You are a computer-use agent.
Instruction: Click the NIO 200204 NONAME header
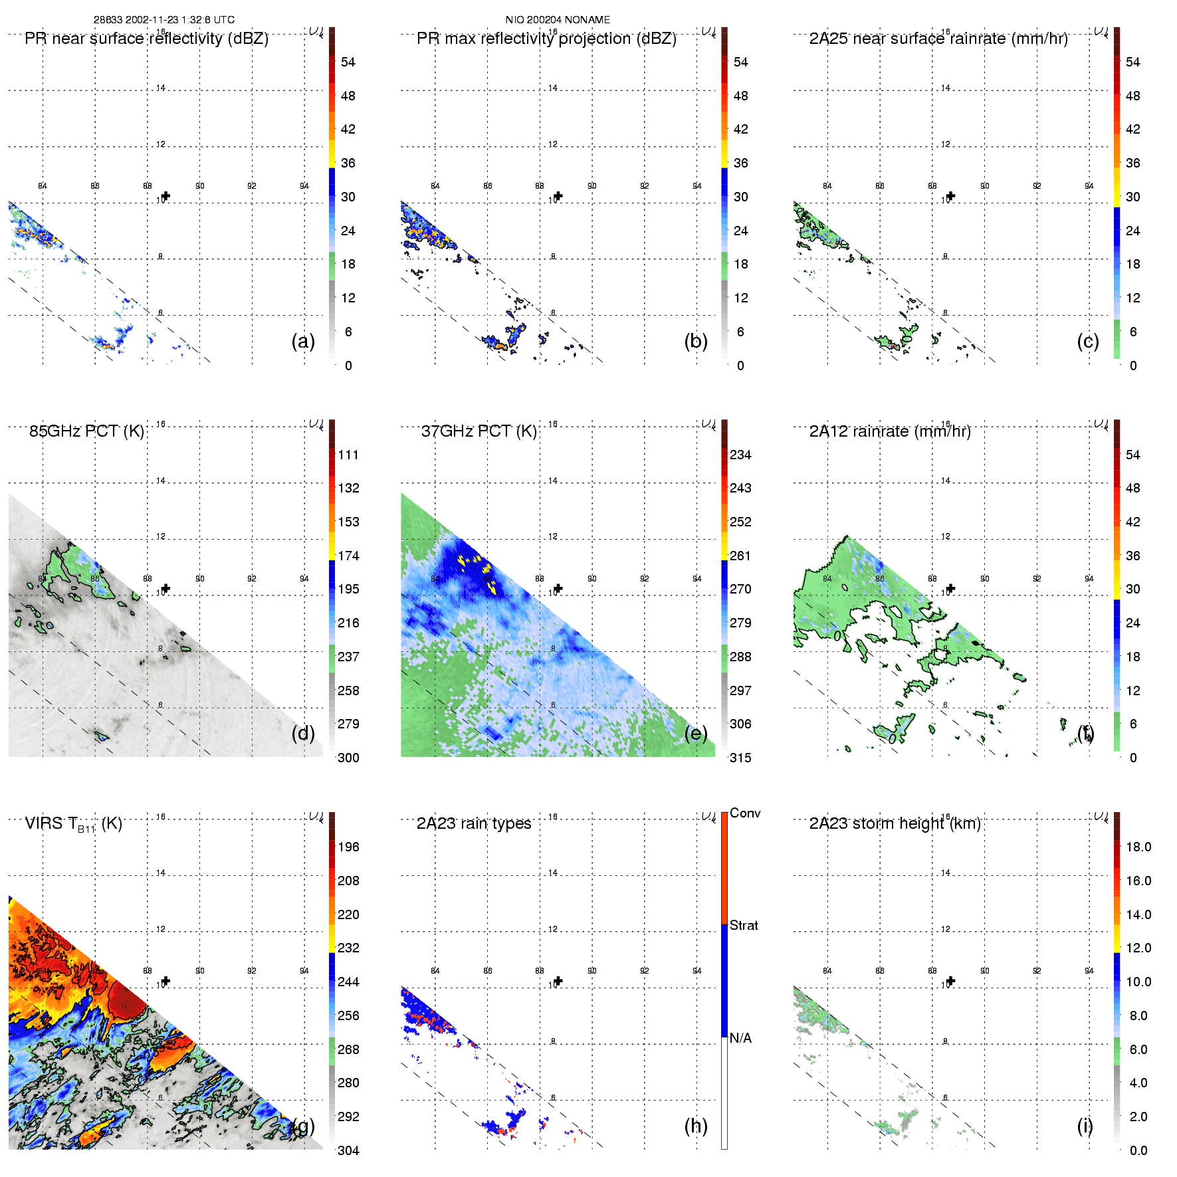click(x=558, y=20)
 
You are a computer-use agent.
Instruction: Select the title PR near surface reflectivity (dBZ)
click(x=146, y=39)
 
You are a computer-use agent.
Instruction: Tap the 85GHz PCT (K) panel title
click(x=86, y=431)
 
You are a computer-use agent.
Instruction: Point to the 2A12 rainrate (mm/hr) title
click(x=890, y=431)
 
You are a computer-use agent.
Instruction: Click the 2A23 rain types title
click(x=474, y=823)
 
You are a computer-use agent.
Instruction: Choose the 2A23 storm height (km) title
click(x=895, y=823)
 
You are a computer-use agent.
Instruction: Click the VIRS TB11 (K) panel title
click(x=73, y=824)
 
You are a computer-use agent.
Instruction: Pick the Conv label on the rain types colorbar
click(x=745, y=813)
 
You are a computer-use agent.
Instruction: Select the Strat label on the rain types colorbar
click(x=744, y=925)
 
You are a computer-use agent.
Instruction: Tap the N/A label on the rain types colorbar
click(x=740, y=1038)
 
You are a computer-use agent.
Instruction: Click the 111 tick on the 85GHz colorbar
click(x=348, y=455)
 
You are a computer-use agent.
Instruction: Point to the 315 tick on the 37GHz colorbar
click(x=740, y=758)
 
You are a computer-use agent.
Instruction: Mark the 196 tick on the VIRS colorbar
click(x=348, y=847)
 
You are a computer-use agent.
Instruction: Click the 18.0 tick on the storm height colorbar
click(x=1138, y=847)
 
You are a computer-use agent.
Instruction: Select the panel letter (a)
click(x=303, y=341)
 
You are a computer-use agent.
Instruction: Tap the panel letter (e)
click(x=696, y=733)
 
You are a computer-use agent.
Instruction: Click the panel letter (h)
click(x=696, y=1125)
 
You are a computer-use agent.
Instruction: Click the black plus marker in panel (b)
click(x=558, y=196)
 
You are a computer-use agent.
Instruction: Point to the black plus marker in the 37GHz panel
click(x=558, y=588)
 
